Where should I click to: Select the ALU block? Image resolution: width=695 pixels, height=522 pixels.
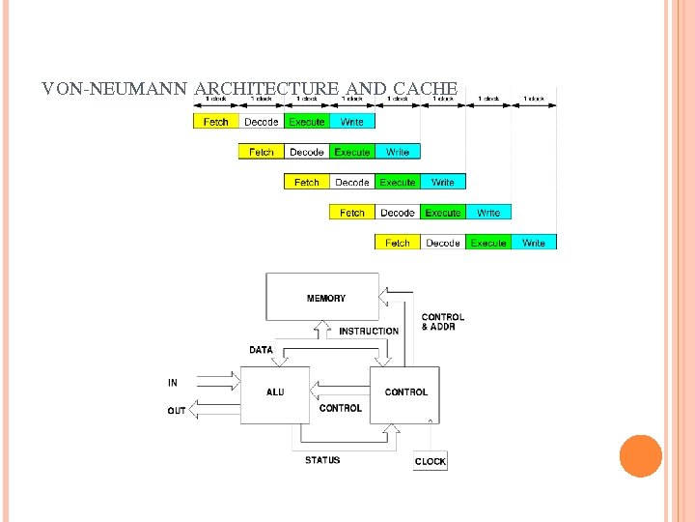pos(275,392)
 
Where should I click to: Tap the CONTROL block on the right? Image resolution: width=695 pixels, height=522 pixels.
pos(405,392)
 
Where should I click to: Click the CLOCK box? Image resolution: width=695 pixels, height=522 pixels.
pos(431,461)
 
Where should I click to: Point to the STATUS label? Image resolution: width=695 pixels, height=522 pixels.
pos(322,460)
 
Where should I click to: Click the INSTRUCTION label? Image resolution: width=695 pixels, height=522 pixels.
pos(369,332)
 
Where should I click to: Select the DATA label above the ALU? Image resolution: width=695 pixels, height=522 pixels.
pos(261,350)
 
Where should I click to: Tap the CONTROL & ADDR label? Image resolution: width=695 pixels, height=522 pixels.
pos(443,322)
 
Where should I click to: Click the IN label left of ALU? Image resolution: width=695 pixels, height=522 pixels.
pos(173,383)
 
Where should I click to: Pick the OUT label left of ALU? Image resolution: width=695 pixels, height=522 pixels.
pos(177,411)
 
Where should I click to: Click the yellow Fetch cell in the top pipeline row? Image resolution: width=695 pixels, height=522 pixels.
pos(216,122)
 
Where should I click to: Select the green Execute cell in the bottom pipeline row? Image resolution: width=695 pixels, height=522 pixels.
pos(488,243)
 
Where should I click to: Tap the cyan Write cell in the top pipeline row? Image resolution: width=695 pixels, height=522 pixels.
pos(352,122)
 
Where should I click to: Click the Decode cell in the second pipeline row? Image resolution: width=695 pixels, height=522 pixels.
pos(307,152)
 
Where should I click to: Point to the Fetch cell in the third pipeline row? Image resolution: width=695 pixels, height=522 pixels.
pos(307,182)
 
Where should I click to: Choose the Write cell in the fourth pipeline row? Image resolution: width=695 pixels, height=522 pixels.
pos(488,213)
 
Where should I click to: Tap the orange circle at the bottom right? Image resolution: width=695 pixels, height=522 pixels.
pos(641,456)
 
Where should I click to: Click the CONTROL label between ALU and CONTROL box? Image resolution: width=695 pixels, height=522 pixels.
pos(341,408)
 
